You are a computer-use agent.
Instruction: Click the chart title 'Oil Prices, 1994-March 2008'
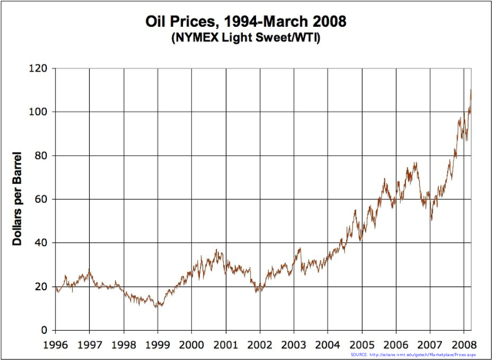[x=246, y=22]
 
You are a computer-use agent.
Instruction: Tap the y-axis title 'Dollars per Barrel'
[x=16, y=198]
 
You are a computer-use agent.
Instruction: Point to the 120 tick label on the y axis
[x=38, y=68]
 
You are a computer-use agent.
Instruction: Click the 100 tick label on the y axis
[x=38, y=112]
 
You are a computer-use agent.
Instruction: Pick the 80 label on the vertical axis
[x=41, y=156]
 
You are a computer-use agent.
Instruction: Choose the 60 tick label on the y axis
[x=41, y=200]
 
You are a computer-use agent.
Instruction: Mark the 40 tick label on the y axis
[x=41, y=243]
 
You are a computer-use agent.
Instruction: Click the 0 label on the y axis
[x=44, y=331]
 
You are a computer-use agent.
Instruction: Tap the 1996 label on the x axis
[x=56, y=345]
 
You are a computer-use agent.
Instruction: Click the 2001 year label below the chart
[x=225, y=345]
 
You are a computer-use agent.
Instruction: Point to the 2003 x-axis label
[x=293, y=345]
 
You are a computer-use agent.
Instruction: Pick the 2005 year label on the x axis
[x=361, y=345]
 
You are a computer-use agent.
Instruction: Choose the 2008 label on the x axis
[x=462, y=345]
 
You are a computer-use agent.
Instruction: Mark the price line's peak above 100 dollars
[x=470, y=91]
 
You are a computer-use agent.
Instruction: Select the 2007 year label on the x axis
[x=429, y=345]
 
